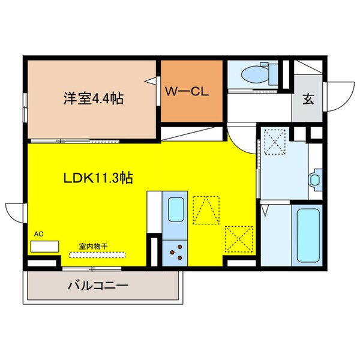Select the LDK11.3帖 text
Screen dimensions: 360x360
[x=98, y=178]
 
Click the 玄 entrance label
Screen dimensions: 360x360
[x=307, y=100]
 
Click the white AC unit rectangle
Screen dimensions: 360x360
[x=45, y=246]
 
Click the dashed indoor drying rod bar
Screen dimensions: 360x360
[x=96, y=254]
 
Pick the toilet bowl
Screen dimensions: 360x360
[x=253, y=75]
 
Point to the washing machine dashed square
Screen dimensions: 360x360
[x=275, y=142]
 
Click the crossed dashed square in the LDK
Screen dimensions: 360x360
[x=236, y=239]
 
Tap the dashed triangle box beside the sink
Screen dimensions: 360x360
[x=206, y=210]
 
